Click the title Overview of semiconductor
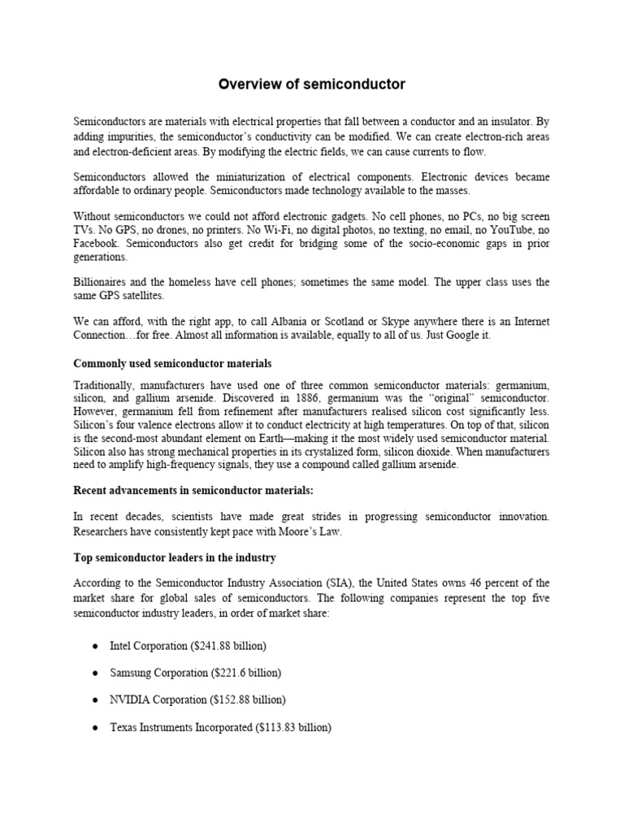(312, 84)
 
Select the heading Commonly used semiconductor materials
(172, 363)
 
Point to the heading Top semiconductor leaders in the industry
(175, 558)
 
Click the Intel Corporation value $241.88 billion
(228, 645)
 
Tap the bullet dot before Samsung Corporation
(96, 673)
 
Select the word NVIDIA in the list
(128, 700)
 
